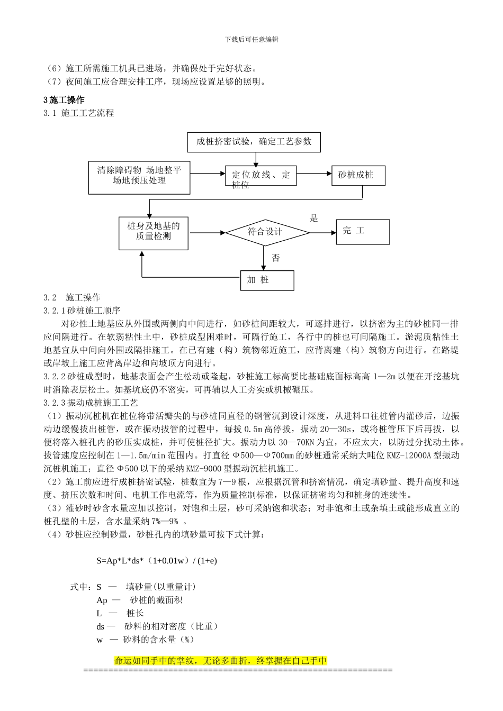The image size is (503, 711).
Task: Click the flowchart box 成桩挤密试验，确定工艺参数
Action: (254, 142)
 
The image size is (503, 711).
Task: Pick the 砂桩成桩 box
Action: (356, 175)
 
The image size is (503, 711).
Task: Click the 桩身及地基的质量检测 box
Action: (153, 231)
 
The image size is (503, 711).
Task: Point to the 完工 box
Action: (363, 231)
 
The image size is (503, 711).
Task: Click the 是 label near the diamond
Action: (313, 218)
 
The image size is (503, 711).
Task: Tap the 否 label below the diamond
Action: (276, 258)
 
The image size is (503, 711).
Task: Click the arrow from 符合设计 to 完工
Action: (322, 232)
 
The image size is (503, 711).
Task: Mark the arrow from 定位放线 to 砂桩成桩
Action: (314, 173)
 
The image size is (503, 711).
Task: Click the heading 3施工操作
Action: (64, 100)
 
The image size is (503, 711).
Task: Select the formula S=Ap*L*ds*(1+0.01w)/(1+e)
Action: (156, 561)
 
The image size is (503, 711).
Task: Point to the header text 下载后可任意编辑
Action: (251, 39)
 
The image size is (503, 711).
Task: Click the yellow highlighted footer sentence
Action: (221, 661)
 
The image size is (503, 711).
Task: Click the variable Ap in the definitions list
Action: (102, 600)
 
